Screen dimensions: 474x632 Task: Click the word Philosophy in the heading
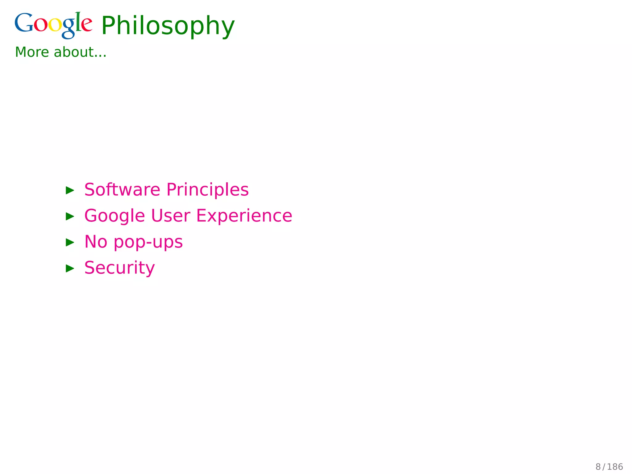168,26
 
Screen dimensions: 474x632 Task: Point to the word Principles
207,190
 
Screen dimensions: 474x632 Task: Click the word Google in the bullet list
114,216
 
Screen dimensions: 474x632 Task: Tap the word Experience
244,216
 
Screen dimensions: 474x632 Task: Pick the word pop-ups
148,242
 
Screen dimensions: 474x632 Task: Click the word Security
119,268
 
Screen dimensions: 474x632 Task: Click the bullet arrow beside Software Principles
70,190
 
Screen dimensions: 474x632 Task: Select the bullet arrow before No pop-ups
70,242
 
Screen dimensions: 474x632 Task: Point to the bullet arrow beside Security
70,268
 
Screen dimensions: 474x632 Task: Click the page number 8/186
609,467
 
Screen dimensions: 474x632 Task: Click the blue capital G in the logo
24,23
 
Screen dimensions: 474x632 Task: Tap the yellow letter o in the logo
55,25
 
